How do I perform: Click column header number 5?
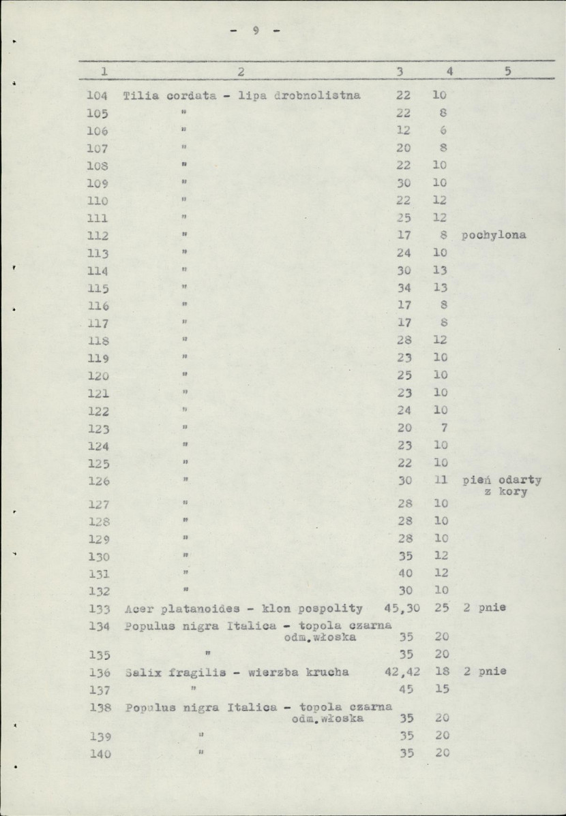coord(507,71)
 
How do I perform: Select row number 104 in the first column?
coord(98,95)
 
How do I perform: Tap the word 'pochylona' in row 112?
coord(494,236)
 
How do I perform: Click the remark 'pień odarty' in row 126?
coord(502,480)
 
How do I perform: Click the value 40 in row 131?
coord(405,574)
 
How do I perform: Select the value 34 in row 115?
coord(404,288)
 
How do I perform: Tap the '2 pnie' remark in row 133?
coord(484,608)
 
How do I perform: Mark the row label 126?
coord(99,481)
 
